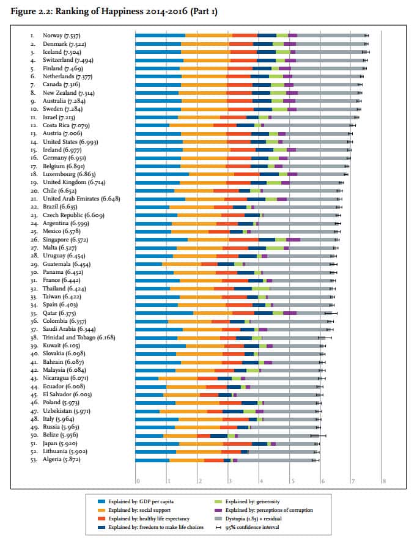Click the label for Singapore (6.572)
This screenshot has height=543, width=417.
pos(70,240)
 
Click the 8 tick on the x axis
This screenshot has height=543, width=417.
pos(384,482)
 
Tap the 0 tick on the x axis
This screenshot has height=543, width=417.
pos(138,482)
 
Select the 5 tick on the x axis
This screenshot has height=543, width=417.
pos(291,482)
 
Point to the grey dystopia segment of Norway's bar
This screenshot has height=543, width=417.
pos(330,35)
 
